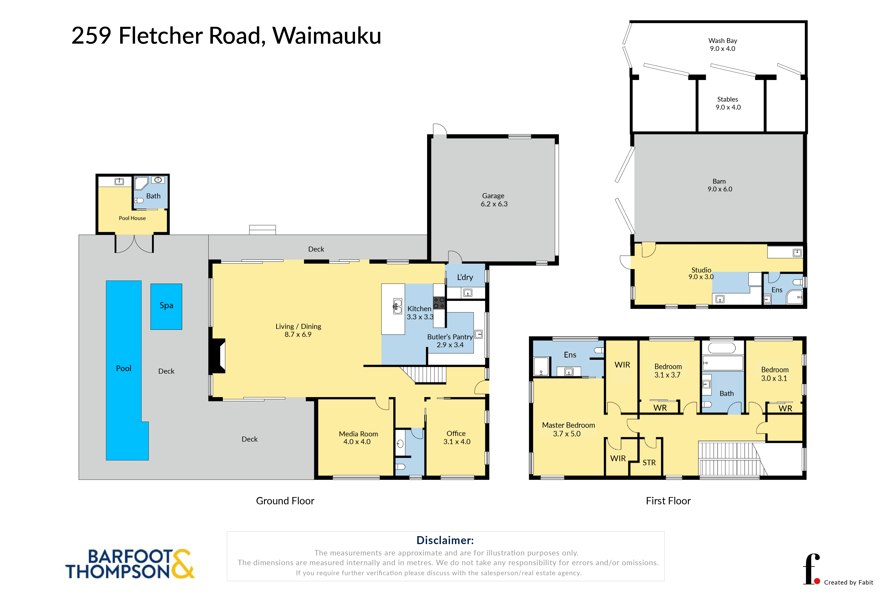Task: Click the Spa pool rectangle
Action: click(x=166, y=307)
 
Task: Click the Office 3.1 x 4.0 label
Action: click(x=456, y=437)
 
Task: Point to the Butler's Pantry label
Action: click(x=450, y=341)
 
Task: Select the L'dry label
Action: click(x=465, y=277)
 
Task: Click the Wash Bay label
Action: click(x=723, y=44)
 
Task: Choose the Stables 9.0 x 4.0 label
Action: click(x=728, y=103)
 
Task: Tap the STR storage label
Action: click(x=649, y=462)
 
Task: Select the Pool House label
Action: click(x=132, y=218)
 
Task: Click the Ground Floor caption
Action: click(x=285, y=501)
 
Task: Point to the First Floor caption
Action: click(x=668, y=501)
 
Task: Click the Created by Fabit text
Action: click(x=849, y=582)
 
